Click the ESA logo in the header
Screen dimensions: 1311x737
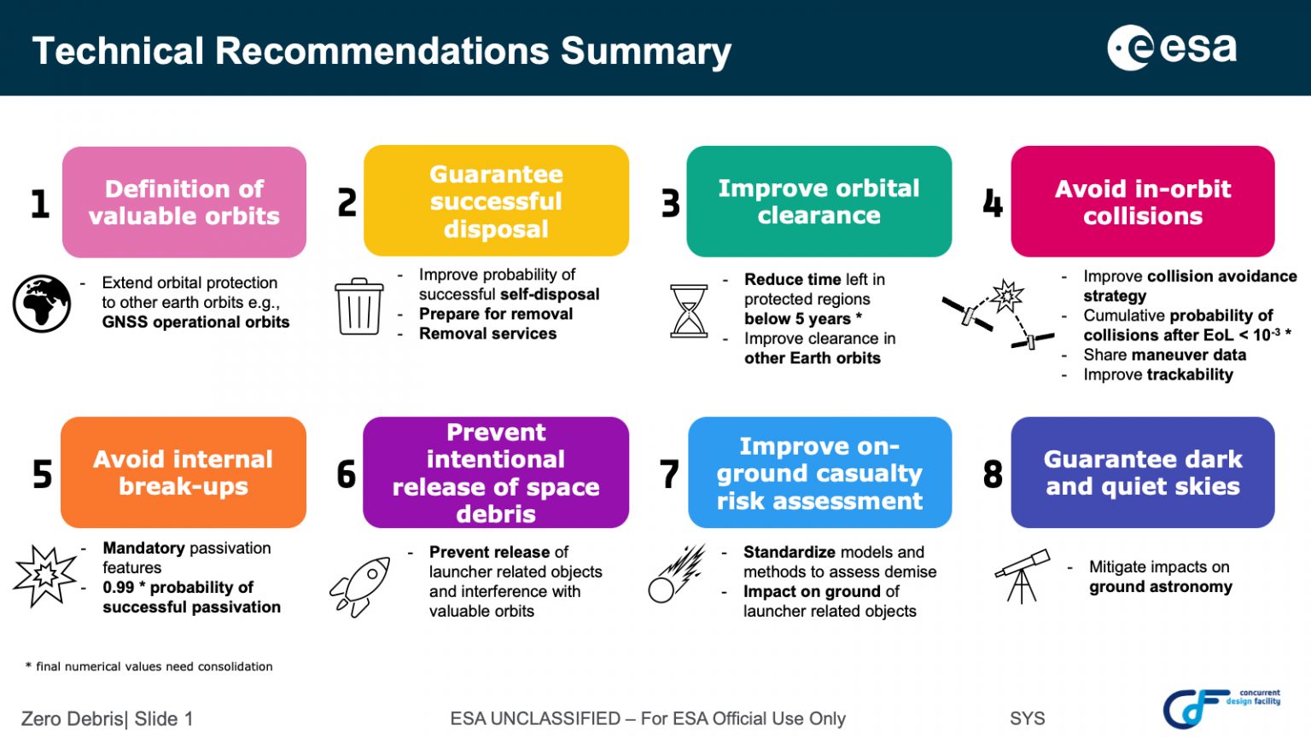pos(1172,48)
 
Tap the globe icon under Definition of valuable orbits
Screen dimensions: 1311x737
pos(42,304)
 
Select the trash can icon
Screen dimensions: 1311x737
pos(359,306)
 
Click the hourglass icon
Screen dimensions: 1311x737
pos(689,311)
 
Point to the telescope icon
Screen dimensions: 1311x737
pos(1023,576)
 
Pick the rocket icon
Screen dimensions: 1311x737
pos(360,587)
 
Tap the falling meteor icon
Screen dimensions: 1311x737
pos(677,573)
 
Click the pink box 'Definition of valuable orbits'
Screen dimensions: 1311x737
pos(184,202)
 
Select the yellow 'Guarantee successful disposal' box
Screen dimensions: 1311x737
pos(496,200)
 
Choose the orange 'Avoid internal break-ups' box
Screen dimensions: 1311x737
pos(184,472)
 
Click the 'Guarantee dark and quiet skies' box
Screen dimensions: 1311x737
pos(1143,472)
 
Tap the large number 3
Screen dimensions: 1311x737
pos(671,204)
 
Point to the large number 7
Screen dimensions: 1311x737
pos(669,473)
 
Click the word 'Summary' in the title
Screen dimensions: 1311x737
pos(646,51)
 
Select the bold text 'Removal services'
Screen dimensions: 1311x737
pos(487,334)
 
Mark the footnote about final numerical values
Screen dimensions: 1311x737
pos(149,666)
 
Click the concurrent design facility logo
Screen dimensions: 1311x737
pos(1221,707)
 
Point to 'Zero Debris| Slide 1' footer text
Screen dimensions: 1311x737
pos(107,718)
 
